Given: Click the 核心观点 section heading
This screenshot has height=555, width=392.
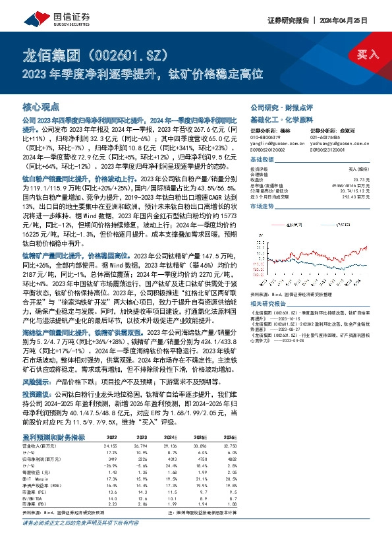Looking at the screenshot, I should pyautogui.click(x=41, y=106).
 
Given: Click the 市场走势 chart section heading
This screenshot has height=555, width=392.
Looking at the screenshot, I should pyautogui.click(x=264, y=206).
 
